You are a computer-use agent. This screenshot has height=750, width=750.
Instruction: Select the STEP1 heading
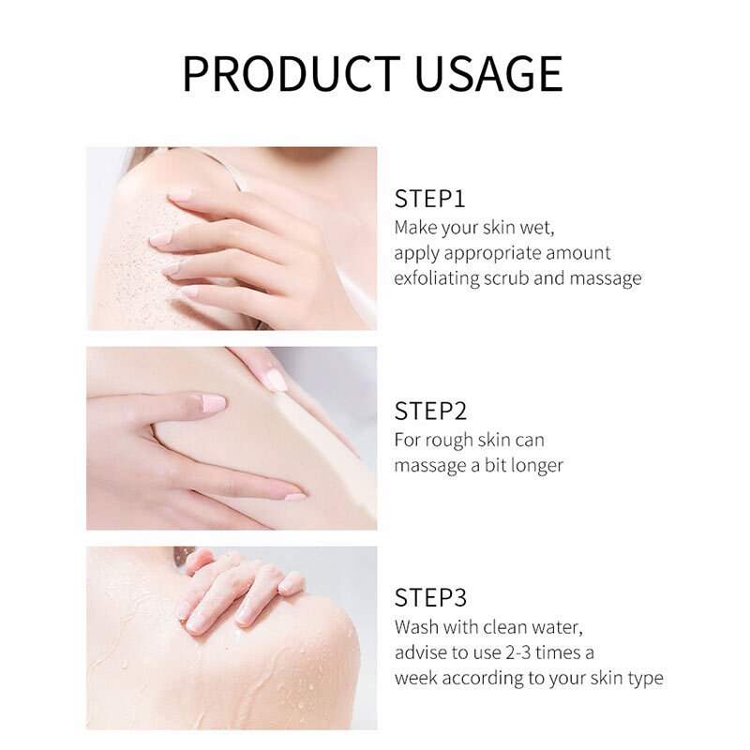point(429,199)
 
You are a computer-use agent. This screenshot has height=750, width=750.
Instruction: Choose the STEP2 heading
point(430,411)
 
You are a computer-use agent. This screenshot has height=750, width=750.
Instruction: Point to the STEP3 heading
point(430,597)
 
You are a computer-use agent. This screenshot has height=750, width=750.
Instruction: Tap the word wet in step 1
point(545,228)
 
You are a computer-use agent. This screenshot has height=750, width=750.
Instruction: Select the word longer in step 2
point(535,466)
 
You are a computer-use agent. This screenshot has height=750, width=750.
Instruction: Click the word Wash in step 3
point(416,626)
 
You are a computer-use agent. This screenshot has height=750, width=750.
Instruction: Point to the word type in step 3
point(645,678)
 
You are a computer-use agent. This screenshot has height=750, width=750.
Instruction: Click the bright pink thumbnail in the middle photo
point(214,404)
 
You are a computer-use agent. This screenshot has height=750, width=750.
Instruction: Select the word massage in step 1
point(607,278)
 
